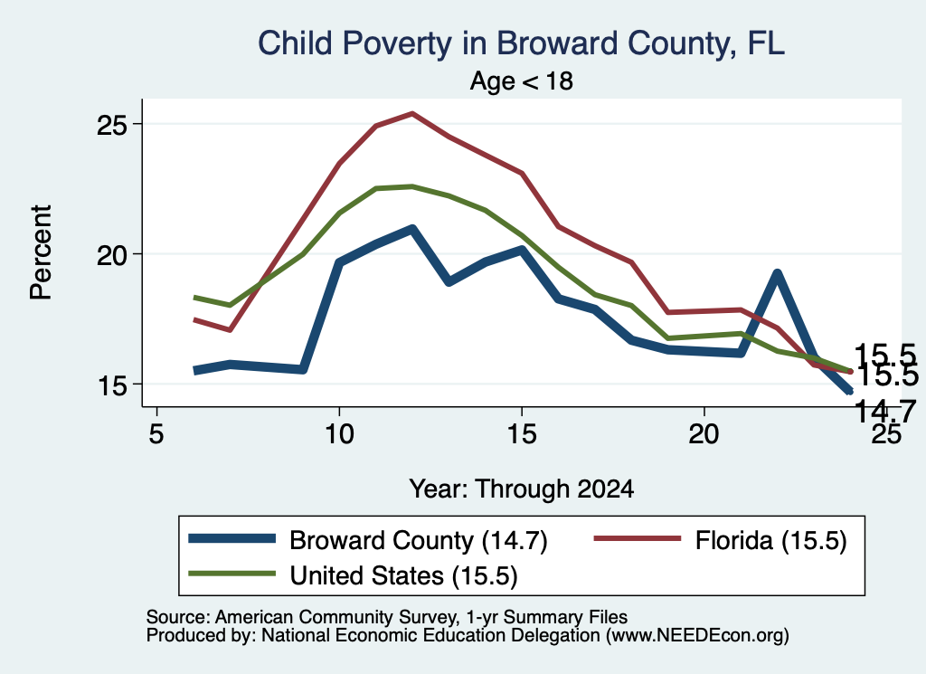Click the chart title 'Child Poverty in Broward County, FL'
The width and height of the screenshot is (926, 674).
(522, 43)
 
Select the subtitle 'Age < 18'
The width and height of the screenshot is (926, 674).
(522, 81)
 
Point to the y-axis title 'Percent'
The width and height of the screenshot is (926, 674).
(42, 252)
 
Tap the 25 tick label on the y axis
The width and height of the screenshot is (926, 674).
(112, 125)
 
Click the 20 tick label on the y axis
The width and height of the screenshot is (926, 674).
(112, 254)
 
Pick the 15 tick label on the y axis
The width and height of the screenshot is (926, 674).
(112, 385)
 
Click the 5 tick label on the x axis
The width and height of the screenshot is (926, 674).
(156, 434)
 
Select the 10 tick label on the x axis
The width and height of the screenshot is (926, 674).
(339, 434)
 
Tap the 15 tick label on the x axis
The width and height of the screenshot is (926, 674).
(522, 434)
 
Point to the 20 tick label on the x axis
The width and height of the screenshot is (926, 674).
(704, 434)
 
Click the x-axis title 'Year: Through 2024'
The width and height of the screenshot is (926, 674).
(522, 489)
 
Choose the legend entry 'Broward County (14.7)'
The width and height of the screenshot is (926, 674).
(418, 540)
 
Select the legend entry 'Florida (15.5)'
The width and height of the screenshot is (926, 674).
(770, 540)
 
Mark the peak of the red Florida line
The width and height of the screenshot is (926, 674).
(412, 113)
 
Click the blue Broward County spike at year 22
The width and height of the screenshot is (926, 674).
(777, 275)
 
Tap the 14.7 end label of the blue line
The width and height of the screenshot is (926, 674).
(884, 410)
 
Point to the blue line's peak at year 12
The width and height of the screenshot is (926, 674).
(412, 229)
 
